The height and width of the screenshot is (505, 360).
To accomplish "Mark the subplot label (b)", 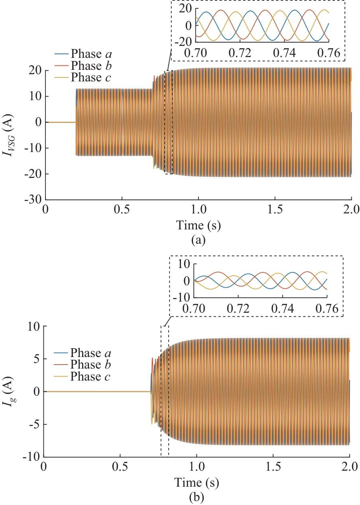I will pos(197,497).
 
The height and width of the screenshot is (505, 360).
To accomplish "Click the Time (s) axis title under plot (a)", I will pos(199,226).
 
